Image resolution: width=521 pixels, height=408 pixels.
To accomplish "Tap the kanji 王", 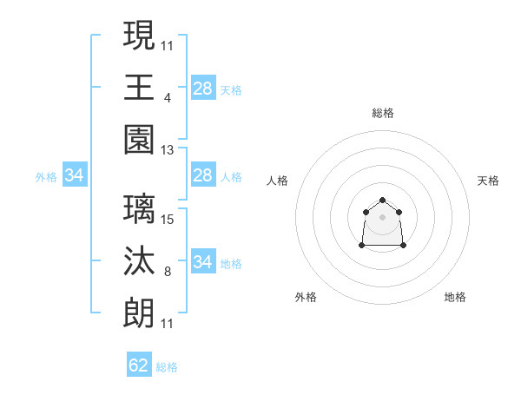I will [x=140, y=88].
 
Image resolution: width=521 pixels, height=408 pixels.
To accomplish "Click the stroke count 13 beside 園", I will [x=168, y=150].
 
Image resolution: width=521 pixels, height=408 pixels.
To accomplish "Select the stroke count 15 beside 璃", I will [x=168, y=220].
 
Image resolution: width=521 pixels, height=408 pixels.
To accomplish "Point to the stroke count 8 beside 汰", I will [x=167, y=272].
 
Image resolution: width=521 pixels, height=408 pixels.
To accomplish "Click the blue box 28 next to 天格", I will [x=202, y=88].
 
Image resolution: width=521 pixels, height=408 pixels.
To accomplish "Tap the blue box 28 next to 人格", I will [x=202, y=176].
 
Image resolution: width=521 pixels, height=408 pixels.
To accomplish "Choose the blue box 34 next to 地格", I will [x=202, y=261].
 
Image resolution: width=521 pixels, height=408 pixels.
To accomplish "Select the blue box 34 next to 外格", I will [x=75, y=176].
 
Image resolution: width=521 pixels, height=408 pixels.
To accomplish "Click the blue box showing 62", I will [x=139, y=365].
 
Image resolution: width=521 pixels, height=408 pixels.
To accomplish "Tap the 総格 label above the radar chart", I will [x=382, y=113].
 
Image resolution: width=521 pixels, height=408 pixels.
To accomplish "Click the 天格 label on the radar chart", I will [x=489, y=181].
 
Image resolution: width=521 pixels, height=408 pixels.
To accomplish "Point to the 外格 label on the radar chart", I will [x=306, y=297].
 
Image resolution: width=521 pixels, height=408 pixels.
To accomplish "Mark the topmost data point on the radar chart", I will [x=382, y=201].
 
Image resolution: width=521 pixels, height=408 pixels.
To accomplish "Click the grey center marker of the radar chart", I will [x=382, y=217].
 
